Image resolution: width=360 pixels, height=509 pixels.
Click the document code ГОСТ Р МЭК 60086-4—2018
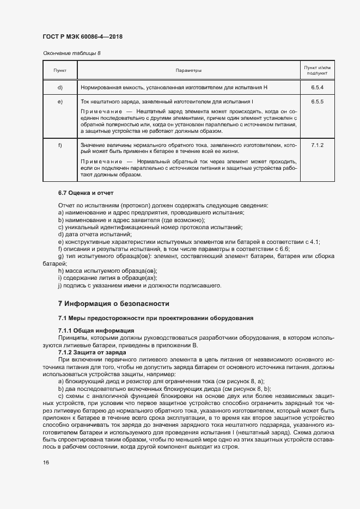pyautogui.click(x=82, y=36)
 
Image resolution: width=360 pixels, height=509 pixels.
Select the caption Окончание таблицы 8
pyautogui.click(x=71, y=53)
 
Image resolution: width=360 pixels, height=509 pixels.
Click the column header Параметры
pyautogui.click(x=188, y=71)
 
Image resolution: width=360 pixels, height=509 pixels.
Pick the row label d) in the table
pyautogui.click(x=59, y=88)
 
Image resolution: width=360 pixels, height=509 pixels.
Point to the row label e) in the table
pyautogui.click(x=59, y=102)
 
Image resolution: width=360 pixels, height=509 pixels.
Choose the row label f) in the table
pyautogui.click(x=59, y=145)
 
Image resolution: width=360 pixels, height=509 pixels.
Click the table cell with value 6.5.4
pyautogui.click(x=317, y=88)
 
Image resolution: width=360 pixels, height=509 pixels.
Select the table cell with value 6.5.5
pyautogui.click(x=317, y=102)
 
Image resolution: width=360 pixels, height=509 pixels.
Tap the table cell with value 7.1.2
pyautogui.click(x=317, y=145)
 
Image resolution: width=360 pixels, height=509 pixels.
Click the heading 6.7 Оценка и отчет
pyautogui.click(x=86, y=193)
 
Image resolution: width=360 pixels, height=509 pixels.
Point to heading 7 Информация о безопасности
pyautogui.click(x=114, y=304)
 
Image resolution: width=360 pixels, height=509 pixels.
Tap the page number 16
pyautogui.click(x=46, y=462)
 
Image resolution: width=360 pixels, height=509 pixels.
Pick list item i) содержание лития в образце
pyautogui.click(x=102, y=277)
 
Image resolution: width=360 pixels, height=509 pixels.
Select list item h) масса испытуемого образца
pyautogui.click(x=107, y=270)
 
